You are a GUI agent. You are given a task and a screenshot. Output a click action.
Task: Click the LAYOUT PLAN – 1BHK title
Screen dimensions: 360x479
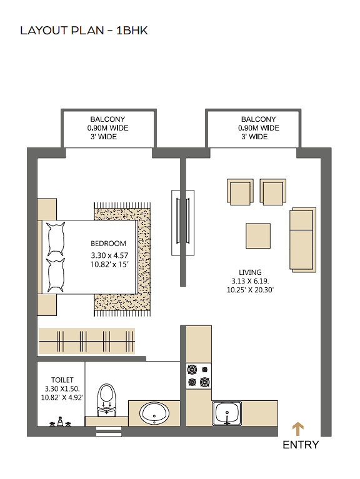click(x=84, y=31)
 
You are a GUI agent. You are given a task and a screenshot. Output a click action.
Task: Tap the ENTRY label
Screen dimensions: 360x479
click(x=301, y=445)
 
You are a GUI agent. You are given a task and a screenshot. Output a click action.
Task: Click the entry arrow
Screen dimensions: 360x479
click(x=297, y=429)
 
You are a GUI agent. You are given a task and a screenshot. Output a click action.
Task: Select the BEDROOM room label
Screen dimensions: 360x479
click(x=109, y=244)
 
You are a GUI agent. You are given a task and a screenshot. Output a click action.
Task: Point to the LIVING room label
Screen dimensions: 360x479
click(x=250, y=272)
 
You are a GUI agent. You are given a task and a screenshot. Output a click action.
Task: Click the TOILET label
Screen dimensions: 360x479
click(x=62, y=380)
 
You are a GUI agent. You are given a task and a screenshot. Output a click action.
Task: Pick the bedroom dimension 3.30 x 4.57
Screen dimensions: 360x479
click(x=109, y=255)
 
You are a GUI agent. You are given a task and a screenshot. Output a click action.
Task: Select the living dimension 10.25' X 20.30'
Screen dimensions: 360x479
click(x=250, y=290)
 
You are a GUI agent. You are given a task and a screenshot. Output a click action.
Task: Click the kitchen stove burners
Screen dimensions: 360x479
click(x=199, y=376)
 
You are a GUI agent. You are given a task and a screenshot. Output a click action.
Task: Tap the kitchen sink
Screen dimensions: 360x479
click(x=227, y=413)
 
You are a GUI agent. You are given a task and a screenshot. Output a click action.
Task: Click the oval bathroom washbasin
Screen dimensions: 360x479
click(x=154, y=413)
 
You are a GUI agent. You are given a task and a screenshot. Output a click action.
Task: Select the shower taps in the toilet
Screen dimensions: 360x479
click(x=60, y=422)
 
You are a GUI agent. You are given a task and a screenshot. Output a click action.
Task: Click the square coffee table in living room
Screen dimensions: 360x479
click(x=258, y=236)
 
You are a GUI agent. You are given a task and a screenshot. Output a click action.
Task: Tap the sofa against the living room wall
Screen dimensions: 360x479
click(x=302, y=240)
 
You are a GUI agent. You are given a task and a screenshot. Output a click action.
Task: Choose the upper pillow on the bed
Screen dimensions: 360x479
click(x=56, y=239)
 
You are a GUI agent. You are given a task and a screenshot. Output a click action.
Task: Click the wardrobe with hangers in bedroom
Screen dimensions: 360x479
click(x=87, y=341)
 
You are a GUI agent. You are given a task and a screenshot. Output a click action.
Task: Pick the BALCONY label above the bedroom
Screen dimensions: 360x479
click(x=107, y=119)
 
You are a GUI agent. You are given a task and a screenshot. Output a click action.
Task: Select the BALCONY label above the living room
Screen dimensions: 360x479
click(x=259, y=119)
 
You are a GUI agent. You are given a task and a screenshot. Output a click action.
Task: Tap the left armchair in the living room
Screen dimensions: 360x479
click(x=240, y=192)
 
